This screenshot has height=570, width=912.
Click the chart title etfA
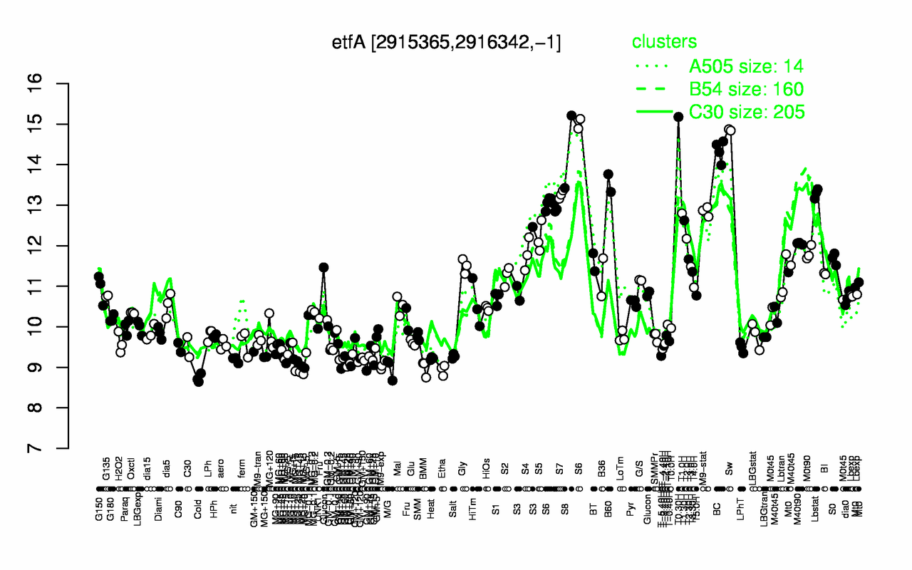[447, 43]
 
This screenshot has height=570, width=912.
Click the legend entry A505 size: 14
[746, 66]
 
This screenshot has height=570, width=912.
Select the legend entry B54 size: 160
[746, 89]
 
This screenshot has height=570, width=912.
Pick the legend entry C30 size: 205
[746, 112]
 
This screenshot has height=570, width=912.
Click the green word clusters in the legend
[664, 42]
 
